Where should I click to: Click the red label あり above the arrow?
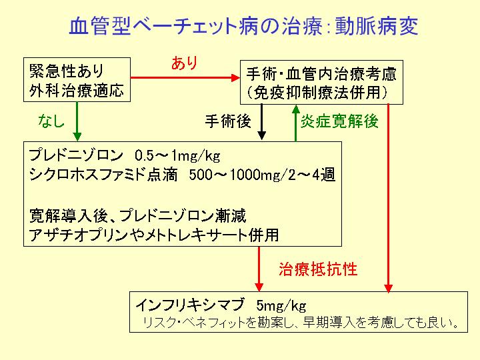(184, 63)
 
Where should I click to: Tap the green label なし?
(51, 121)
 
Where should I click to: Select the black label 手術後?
(228, 121)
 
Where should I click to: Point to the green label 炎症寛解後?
(339, 121)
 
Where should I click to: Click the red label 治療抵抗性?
(318, 269)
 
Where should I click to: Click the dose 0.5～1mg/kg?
(177, 156)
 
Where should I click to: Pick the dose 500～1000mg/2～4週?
(262, 175)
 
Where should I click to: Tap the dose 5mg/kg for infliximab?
(281, 305)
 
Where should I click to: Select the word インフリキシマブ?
(190, 305)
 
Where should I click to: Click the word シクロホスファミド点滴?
(103, 175)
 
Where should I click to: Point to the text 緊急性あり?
(67, 71)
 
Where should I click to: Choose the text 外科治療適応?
(77, 90)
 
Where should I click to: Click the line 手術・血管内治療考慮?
(321, 75)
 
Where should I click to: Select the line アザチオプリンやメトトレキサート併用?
(154, 235)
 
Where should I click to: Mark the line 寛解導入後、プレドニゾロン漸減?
(138, 215)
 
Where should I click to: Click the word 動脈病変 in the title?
(376, 26)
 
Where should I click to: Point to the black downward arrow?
(261, 122)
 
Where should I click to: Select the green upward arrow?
(296, 123)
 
